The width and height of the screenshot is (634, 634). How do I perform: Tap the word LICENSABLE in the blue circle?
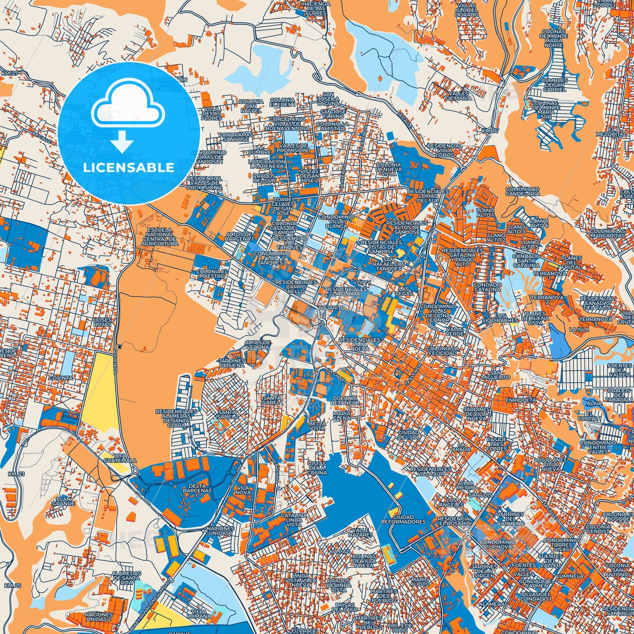click(x=129, y=168)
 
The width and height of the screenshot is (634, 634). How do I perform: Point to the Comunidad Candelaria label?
click(x=523, y=191)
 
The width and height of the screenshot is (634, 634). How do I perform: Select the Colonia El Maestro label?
click(x=212, y=274)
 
